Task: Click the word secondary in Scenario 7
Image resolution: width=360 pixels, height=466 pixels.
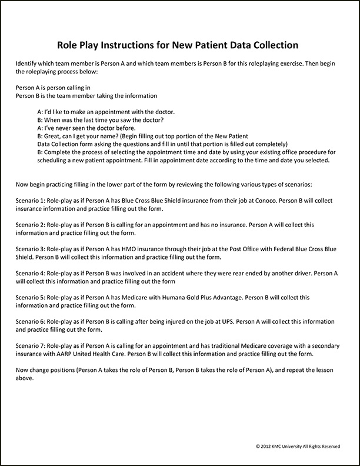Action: [326, 346]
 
